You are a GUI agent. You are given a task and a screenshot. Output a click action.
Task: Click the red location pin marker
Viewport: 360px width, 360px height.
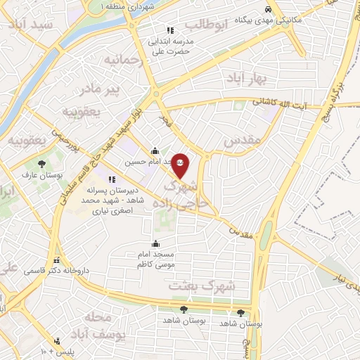coord(180,164)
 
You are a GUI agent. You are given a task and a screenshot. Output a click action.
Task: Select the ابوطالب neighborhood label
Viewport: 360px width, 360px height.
coord(209,27)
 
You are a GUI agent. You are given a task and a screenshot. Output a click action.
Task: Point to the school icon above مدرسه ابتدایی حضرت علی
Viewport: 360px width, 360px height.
coord(169,30)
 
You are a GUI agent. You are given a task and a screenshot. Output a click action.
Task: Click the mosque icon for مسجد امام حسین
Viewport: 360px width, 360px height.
coord(155,150)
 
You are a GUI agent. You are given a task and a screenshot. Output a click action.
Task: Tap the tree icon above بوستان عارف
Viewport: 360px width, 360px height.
coord(42,163)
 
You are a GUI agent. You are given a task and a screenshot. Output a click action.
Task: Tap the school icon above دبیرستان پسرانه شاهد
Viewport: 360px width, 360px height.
coord(111,180)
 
